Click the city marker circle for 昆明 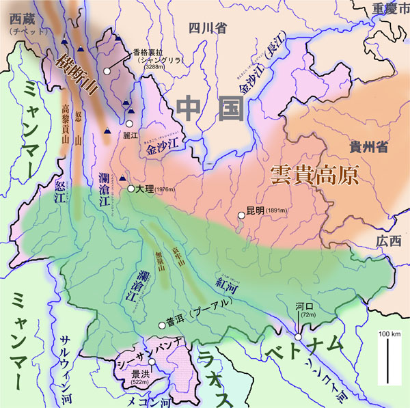pyautogui.click(x=241, y=216)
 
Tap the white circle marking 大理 pyautogui.click(x=131, y=189)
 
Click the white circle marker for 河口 pyautogui.click(x=299, y=336)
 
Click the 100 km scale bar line pyautogui.click(x=388, y=362)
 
